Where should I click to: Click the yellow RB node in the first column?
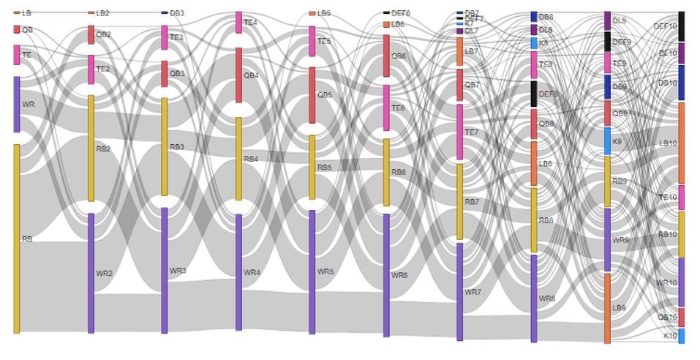pyautogui.click(x=17, y=239)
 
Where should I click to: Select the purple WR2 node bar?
pyautogui.click(x=91, y=273)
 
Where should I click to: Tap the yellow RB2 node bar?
pyautogui.click(x=91, y=148)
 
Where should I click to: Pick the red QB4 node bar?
pyautogui.click(x=238, y=75)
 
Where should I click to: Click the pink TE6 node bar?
pyautogui.click(x=386, y=108)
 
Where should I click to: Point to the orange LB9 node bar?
pyautogui.click(x=607, y=308)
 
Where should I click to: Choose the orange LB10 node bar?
pyautogui.click(x=682, y=143)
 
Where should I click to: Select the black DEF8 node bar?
pyautogui.click(x=534, y=94)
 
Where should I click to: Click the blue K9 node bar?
pyautogui.click(x=607, y=141)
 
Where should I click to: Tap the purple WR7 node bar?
pyautogui.click(x=460, y=292)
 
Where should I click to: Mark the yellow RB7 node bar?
pyautogui.click(x=460, y=201)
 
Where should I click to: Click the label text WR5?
pyautogui.click(x=325, y=271)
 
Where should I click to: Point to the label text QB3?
pyautogui.click(x=178, y=74)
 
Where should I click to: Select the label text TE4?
pyautogui.click(x=250, y=23)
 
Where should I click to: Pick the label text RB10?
pyautogui.click(x=666, y=235)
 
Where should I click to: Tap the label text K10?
pyautogui.click(x=669, y=336)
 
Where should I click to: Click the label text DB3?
pyautogui.click(x=177, y=13)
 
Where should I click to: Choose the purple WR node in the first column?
pyautogui.click(x=17, y=105)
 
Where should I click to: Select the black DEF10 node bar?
pyautogui.click(x=682, y=26)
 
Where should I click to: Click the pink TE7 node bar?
pyautogui.click(x=460, y=132)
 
